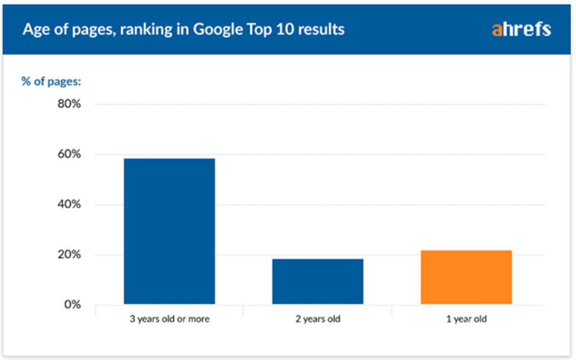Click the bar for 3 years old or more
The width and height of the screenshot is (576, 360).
(x=169, y=231)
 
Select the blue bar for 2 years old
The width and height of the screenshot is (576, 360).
(x=318, y=281)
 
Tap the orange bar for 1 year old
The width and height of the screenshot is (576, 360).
(x=466, y=277)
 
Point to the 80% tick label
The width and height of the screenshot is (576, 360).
(x=68, y=104)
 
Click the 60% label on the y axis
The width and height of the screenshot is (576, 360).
(x=68, y=154)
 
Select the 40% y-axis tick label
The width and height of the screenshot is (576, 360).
(x=68, y=205)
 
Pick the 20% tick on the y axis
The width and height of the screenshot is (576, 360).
(x=68, y=255)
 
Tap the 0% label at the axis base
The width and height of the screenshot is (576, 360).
(x=71, y=305)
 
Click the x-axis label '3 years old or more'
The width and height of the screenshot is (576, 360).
(x=170, y=320)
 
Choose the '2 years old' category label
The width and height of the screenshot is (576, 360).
(x=318, y=320)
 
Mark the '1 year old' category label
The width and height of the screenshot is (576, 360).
(x=466, y=320)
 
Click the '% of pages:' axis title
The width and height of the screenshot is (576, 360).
(x=51, y=81)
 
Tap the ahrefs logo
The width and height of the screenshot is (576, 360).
(x=521, y=29)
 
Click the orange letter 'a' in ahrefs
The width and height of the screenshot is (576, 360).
(x=497, y=30)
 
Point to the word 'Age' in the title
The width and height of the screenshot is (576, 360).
(x=35, y=30)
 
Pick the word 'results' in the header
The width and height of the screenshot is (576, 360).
(x=321, y=29)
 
